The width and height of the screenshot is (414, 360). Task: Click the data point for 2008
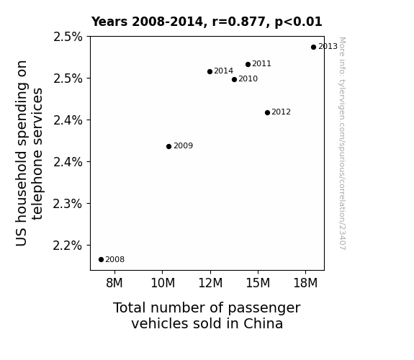[101, 260]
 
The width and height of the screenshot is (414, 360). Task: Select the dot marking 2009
[169, 146]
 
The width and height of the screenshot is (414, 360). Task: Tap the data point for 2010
[234, 79]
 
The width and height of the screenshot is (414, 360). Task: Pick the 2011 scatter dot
[248, 65]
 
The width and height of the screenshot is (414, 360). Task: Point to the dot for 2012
[267, 113]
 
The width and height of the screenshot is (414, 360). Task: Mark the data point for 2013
[313, 48]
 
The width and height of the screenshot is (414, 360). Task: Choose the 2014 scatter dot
[210, 71]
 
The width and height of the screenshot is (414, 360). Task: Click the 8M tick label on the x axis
[114, 283]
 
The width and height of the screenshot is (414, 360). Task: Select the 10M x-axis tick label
[163, 283]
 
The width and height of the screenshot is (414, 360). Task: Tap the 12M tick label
[210, 283]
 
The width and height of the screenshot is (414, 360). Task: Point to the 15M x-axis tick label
[258, 283]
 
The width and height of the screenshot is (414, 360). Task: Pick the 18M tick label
[305, 283]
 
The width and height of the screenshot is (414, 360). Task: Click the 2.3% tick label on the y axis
[68, 204]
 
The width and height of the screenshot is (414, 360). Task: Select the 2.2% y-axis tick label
[68, 246]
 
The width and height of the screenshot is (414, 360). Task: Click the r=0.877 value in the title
[239, 22]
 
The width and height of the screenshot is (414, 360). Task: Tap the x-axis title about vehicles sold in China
[207, 315]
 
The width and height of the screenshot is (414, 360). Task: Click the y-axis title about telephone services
[29, 153]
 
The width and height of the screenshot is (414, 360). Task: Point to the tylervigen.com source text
[342, 143]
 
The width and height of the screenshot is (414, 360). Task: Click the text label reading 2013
[328, 47]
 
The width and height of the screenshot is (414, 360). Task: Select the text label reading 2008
[115, 260]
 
